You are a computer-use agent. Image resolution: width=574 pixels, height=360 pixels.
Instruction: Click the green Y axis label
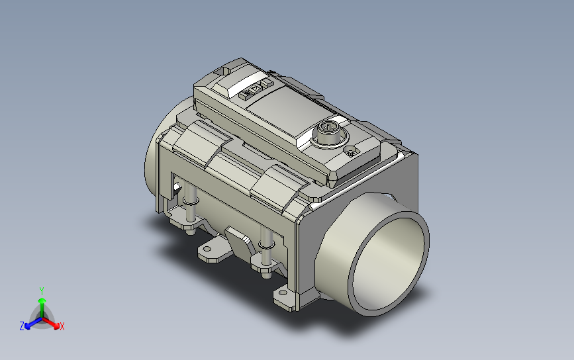[42, 291]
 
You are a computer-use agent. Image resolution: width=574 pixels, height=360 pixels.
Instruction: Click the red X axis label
[62, 326]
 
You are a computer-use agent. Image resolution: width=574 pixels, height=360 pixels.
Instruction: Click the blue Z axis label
[22, 326]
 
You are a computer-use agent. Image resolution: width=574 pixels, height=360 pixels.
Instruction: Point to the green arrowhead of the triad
[42, 301]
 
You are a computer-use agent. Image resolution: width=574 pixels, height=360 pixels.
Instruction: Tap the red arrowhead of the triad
[56, 325]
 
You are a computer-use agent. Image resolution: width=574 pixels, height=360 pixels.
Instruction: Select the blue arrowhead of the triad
[27, 326]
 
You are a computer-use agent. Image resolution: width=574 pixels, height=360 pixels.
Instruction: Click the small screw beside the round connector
[352, 151]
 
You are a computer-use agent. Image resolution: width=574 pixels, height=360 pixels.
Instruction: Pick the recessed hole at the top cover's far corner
[222, 71]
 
